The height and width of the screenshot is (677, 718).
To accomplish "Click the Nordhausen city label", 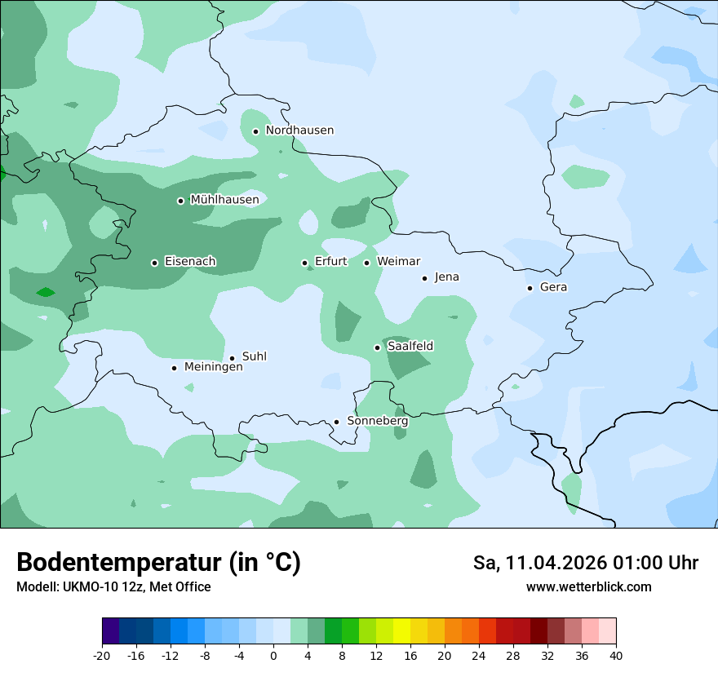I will point(299,131).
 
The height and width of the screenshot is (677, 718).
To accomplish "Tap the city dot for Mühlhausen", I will point(180,201).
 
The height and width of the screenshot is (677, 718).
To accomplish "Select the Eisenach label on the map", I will point(190,262).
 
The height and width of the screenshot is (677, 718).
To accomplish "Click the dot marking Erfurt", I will point(304,263).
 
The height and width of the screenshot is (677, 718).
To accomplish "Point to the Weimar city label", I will point(398,262).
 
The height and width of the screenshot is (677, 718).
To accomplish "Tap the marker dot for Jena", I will point(424,278).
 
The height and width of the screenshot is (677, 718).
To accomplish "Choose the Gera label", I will point(553,287).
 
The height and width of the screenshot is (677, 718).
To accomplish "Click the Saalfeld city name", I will point(410,347).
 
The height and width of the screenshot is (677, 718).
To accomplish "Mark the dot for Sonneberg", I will point(336,422).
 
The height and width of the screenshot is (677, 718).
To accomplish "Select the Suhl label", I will point(254,356).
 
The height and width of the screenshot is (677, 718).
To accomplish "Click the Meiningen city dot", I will point(174,368).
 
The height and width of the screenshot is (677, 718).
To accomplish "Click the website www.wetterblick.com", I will point(588,587).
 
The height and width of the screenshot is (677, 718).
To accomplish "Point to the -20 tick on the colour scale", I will point(102,656).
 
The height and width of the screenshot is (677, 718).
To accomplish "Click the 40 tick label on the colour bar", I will point(615,656).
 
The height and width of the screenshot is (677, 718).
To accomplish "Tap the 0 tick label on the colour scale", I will point(273,656).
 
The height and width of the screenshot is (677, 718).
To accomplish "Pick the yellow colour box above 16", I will point(401,631).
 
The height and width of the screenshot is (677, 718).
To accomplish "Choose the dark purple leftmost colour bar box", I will point(111,631).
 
